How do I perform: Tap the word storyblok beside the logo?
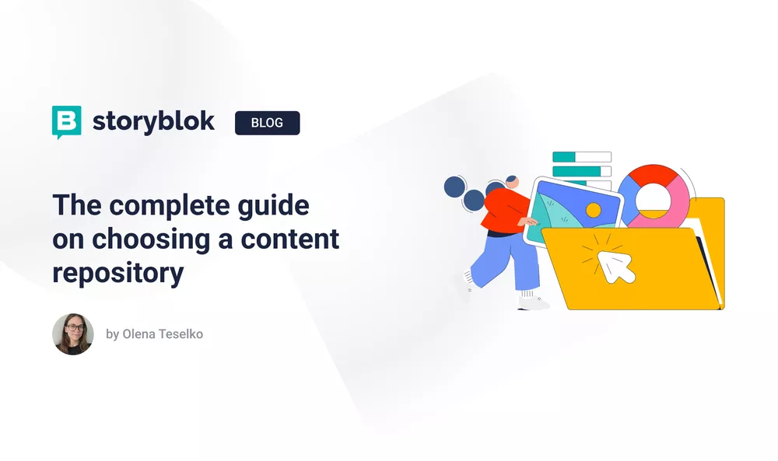click(153, 122)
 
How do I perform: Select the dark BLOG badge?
click(267, 123)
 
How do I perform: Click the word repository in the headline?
click(118, 273)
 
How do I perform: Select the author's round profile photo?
click(73, 334)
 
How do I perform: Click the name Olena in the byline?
click(141, 334)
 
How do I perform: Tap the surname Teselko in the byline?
click(180, 334)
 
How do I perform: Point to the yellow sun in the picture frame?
click(594, 210)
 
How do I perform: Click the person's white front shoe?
click(532, 302)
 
